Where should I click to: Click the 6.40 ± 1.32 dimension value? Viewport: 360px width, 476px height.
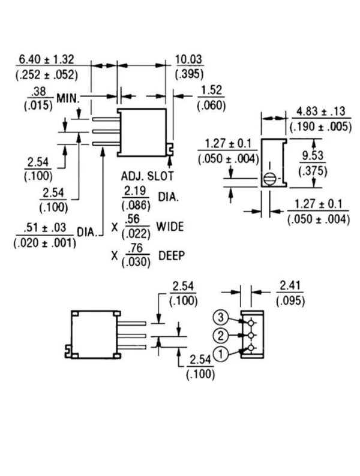pos(46,59)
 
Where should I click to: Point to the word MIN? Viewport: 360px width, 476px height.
pos(68,98)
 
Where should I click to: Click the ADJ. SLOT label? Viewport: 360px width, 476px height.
pos(147,177)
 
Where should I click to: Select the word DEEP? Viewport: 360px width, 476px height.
pos(172,255)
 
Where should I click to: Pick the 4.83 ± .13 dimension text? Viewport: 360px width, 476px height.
pos(320,112)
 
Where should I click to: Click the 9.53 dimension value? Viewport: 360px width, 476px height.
pos(314,156)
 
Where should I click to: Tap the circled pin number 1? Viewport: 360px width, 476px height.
pos(220,355)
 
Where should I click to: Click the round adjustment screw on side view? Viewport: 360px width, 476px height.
pos(271,178)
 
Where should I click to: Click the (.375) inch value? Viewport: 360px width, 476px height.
pos(314,171)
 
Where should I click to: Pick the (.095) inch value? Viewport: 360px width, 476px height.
pos(290,300)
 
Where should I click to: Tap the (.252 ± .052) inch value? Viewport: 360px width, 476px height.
pos(46,74)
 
